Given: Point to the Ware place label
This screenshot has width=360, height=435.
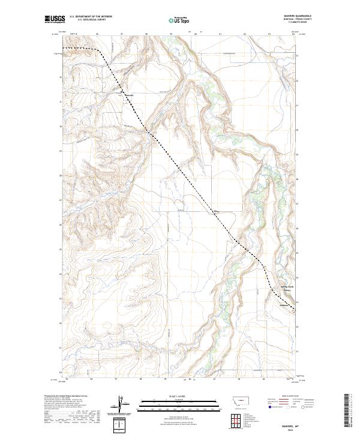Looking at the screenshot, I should (217, 211).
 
